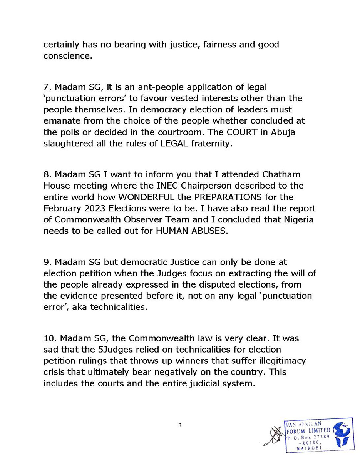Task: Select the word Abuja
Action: coord(295,132)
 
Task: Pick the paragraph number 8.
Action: coord(47,174)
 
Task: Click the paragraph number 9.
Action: coord(47,263)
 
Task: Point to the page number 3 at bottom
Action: coord(180,425)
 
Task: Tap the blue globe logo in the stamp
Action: coord(342,433)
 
